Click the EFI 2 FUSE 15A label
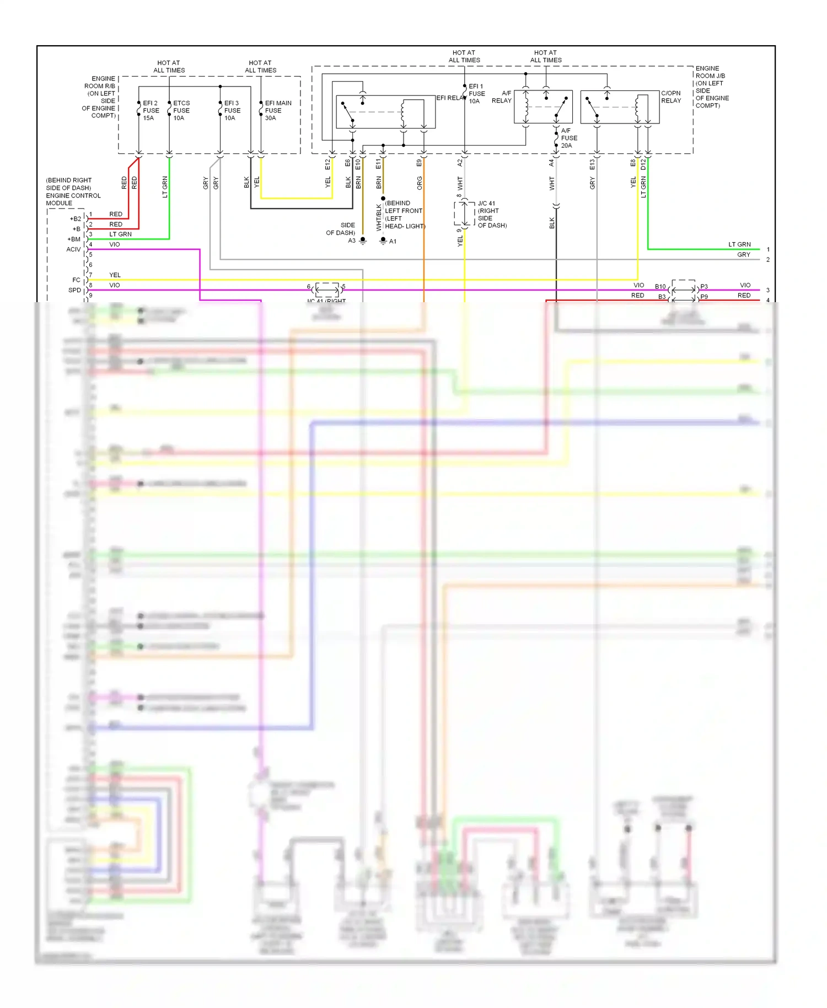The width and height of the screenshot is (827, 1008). click(x=151, y=110)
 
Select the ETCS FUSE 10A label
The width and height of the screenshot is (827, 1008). click(x=181, y=110)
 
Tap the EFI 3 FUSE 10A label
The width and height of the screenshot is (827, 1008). click(x=232, y=110)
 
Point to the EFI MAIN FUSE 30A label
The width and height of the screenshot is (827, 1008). click(x=277, y=110)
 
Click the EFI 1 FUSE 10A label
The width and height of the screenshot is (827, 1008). click(x=476, y=94)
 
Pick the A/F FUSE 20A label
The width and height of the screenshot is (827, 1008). click(x=568, y=138)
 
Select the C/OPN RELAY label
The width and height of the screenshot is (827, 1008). click(x=671, y=96)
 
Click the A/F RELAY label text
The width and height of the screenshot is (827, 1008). click(x=502, y=96)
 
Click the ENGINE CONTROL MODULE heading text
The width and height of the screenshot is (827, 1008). click(x=73, y=192)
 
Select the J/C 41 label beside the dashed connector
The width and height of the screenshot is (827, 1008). click(x=486, y=203)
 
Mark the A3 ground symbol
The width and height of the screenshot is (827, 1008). click(x=363, y=240)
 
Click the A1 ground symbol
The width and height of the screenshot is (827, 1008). click(x=383, y=240)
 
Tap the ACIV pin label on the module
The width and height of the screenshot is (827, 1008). click(x=73, y=249)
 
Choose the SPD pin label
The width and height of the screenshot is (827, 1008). click(x=74, y=290)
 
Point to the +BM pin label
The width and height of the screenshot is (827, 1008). click(x=74, y=239)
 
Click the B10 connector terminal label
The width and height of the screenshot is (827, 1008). click(x=660, y=286)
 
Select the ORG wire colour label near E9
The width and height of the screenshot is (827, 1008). click(x=420, y=183)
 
